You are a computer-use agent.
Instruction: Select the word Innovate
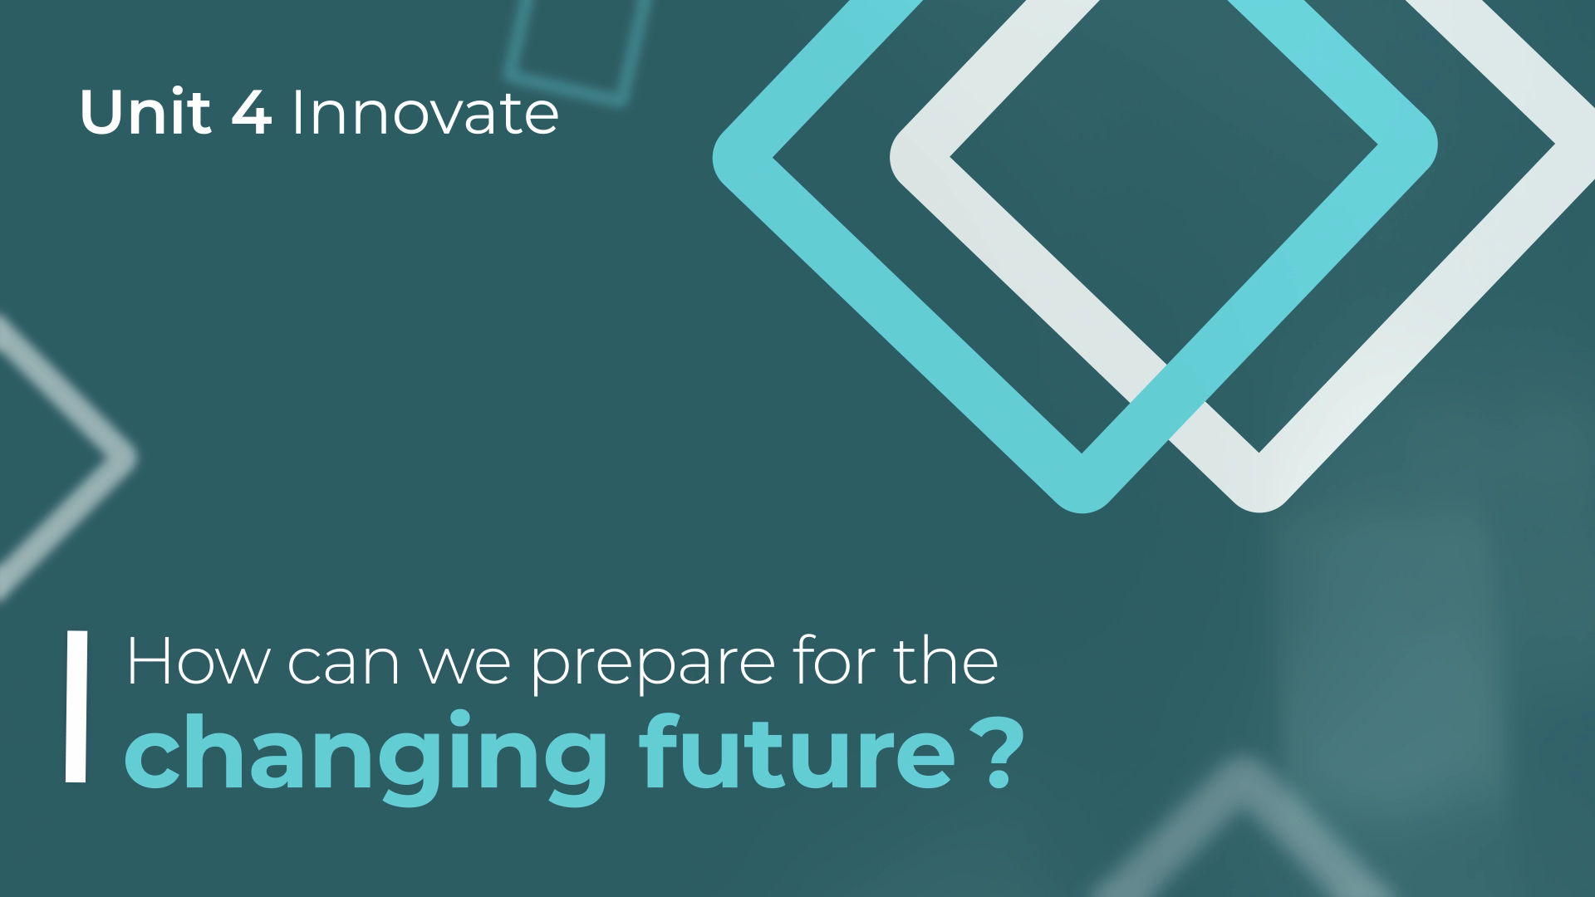point(425,114)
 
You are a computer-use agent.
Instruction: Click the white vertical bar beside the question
point(76,707)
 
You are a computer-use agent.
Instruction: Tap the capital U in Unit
point(101,114)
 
